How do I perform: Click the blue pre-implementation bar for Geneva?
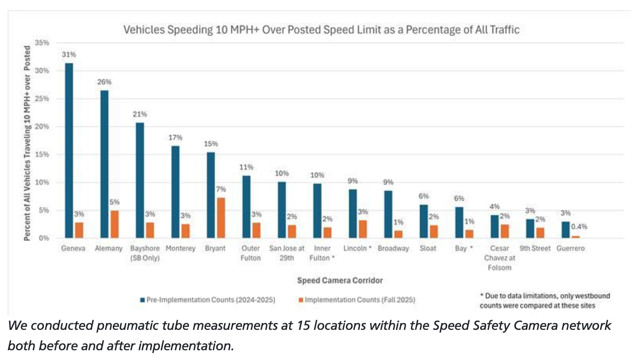(x=69, y=150)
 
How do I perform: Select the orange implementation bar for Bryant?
(x=221, y=217)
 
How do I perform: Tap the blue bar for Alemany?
(x=104, y=164)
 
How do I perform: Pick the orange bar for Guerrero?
(x=576, y=236)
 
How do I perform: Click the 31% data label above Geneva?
(x=69, y=55)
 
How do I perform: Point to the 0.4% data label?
(x=579, y=227)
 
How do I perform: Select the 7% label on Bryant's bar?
(x=221, y=189)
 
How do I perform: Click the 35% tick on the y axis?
(x=42, y=43)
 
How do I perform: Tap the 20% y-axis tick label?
(x=42, y=127)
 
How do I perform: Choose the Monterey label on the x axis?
(x=180, y=248)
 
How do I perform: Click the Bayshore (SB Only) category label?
(x=145, y=253)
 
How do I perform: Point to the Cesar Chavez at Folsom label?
(x=500, y=258)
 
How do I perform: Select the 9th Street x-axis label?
(x=535, y=248)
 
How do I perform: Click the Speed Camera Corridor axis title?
(x=340, y=280)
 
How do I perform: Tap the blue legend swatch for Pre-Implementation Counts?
(x=143, y=300)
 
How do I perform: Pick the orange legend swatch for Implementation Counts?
(x=301, y=300)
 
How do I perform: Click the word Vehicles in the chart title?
(x=144, y=30)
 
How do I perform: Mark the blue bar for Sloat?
(x=424, y=221)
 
